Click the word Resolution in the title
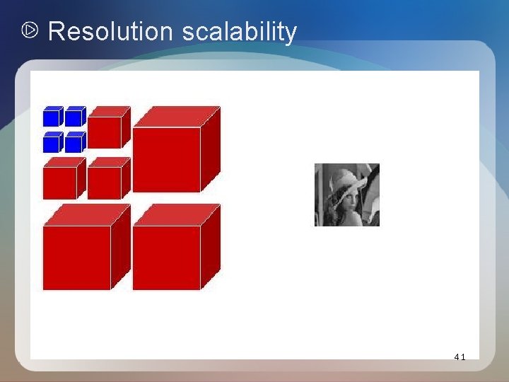[110, 32]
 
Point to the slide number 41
[460, 357]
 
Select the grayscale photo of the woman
[346, 195]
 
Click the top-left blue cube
[52, 117]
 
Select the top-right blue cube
[74, 117]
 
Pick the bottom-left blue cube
[52, 143]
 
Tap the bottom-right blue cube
[74, 143]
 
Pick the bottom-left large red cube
[77, 257]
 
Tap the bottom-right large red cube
[167, 257]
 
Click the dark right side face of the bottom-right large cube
[210, 248]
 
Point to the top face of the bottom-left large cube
[87, 214]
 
